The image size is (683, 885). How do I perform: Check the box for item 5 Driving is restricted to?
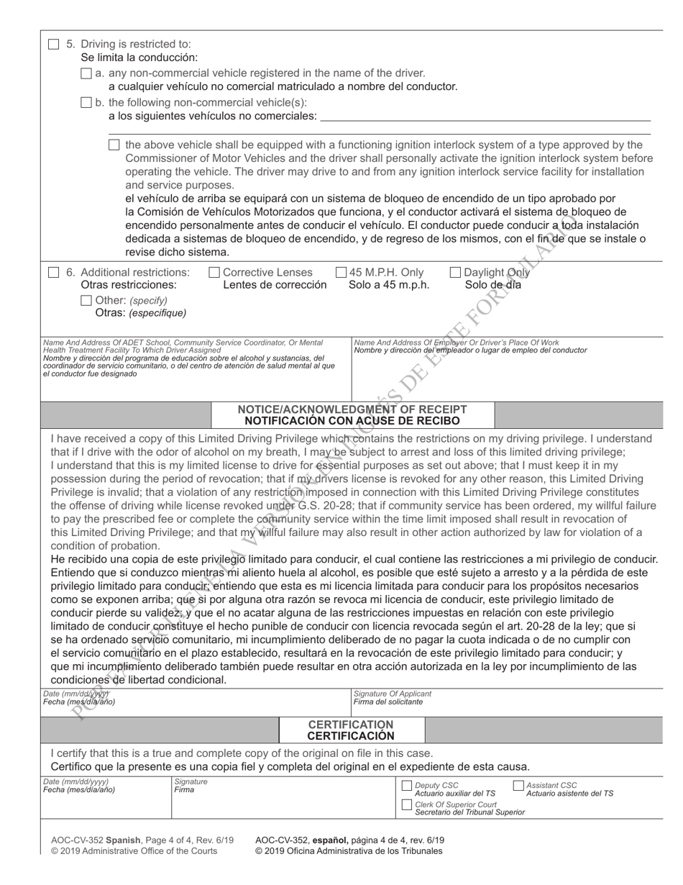coord(53,44)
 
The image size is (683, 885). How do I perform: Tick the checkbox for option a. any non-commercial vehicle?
coord(86,73)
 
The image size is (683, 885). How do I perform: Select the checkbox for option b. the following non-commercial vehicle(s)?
coord(86,103)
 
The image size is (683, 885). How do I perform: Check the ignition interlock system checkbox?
coord(114,145)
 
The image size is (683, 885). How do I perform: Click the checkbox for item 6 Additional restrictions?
coord(53,273)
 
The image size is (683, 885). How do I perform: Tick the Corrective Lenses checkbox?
coord(214,273)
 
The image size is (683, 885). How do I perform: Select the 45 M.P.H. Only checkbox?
coord(341,273)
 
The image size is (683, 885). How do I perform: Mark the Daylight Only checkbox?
coord(455,273)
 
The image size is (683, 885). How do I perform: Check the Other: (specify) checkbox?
coord(86,300)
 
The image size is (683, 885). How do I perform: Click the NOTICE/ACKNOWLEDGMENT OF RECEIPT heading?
coord(352,409)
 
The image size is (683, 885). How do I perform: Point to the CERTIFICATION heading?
coord(351,724)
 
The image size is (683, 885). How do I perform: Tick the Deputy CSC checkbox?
coord(406,786)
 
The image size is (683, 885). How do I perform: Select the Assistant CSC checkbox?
coord(518,786)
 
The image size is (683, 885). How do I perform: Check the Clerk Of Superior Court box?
coord(406,804)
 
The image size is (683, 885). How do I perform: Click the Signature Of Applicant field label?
coord(393,694)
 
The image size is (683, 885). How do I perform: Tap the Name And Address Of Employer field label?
coord(456,342)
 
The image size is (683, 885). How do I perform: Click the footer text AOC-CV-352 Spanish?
coord(105,840)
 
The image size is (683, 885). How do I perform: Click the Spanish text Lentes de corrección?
coord(275,285)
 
